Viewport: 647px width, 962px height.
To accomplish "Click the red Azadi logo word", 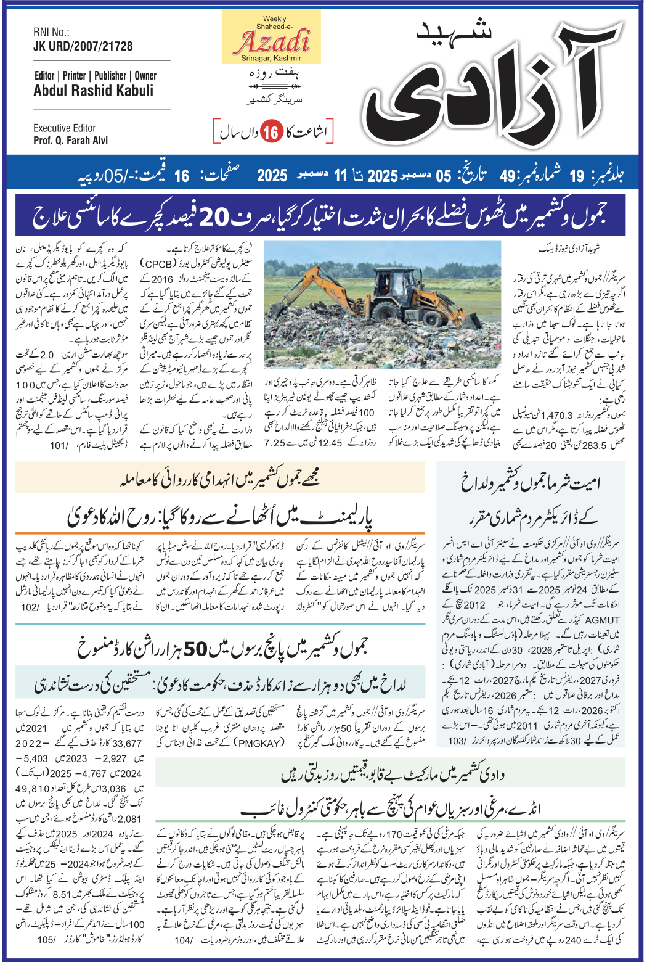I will pos(271,41).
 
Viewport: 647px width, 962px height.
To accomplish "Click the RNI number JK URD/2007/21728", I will pos(83,46).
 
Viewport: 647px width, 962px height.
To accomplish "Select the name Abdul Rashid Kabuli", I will pos(93,91).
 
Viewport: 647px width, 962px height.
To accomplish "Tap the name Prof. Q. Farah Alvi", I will pos(70,141).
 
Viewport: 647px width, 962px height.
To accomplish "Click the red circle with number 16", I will pos(270,132).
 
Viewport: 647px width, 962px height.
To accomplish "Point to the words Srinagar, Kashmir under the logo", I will pos(271,59).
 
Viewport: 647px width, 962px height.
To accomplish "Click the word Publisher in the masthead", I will pos(110,76).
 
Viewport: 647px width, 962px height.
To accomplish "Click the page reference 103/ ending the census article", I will pos(457,741).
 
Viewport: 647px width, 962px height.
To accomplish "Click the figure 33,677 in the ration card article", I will pos(127,744).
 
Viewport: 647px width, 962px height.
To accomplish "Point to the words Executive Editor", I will pos(65,128).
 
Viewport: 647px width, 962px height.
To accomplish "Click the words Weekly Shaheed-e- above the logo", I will pos(271,23).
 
